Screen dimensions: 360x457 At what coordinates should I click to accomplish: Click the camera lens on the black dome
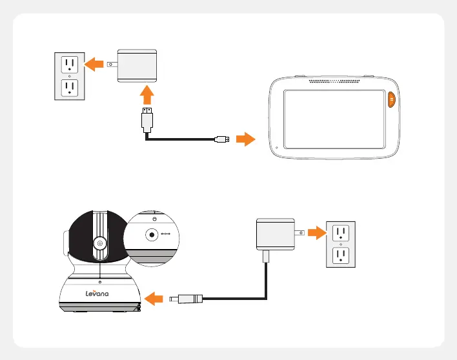pos(100,244)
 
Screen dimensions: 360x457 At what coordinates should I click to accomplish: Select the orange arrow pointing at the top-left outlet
pos(95,63)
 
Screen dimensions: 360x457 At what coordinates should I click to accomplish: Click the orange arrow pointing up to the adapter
pos(148,95)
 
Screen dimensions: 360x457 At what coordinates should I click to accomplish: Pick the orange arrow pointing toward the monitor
pos(245,139)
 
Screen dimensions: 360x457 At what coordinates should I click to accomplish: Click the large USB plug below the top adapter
pos(148,121)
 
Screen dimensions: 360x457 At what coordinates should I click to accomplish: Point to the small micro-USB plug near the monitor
pos(222,139)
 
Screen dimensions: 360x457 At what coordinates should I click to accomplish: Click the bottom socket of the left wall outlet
pos(69,88)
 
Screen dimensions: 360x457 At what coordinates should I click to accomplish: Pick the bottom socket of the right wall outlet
pos(341,257)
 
